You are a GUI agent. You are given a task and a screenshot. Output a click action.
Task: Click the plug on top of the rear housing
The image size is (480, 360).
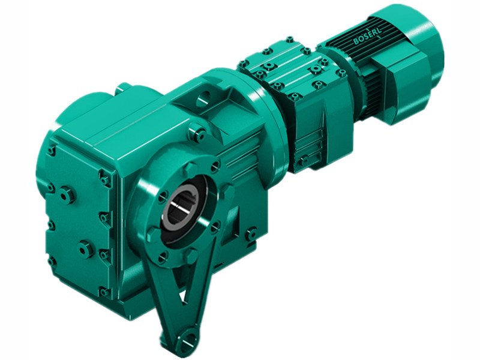tap(122, 88)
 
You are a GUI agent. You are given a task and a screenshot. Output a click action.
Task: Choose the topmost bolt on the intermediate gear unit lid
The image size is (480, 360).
tap(289, 40)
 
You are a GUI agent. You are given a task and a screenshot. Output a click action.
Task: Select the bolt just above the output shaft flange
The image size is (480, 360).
tap(196, 133)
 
